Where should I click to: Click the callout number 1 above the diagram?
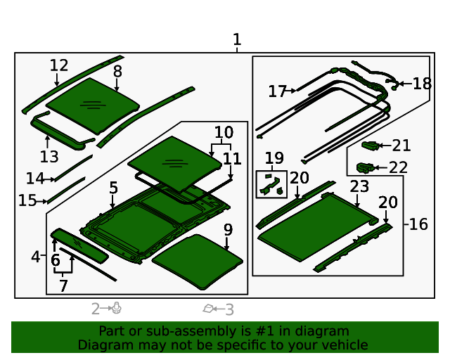click(237, 39)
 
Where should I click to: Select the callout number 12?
click(59, 65)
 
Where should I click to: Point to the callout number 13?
click(49, 156)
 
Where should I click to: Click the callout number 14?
click(35, 179)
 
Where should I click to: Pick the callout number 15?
click(27, 200)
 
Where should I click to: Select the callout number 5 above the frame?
click(113, 188)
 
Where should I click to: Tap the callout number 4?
click(35, 257)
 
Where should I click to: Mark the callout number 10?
click(224, 132)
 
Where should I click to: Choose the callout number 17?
click(277, 91)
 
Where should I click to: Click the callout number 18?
click(422, 84)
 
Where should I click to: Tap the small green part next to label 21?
click(369, 146)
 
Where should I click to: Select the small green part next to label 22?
click(364, 167)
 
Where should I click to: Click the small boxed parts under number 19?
click(271, 185)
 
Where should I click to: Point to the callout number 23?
click(359, 186)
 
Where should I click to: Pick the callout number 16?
click(418, 224)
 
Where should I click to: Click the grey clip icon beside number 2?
click(117, 308)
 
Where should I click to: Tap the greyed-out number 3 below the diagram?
click(229, 309)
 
